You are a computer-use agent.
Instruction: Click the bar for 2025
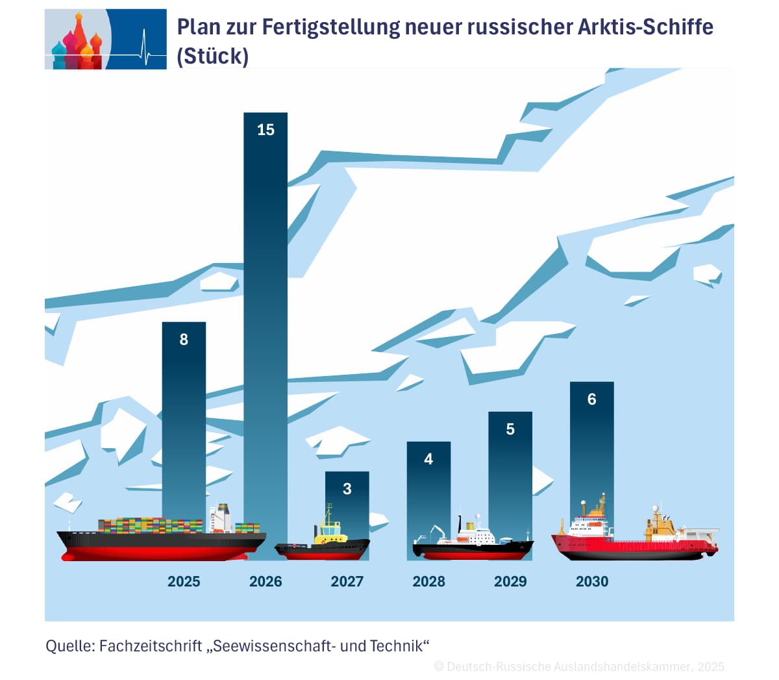pos(184,416)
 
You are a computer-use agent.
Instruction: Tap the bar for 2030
pos(591,455)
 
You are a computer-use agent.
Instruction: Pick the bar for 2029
pos(510,474)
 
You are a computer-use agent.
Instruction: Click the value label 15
pos(266,130)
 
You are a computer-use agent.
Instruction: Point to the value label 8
pos(184,339)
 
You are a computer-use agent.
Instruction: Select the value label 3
pos(347,488)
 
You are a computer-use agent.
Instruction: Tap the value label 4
pos(428,459)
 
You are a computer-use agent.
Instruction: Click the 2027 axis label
pos(347,581)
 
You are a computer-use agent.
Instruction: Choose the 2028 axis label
pos(428,581)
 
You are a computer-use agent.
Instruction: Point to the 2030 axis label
pos(591,581)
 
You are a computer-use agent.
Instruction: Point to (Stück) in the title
pos(212,56)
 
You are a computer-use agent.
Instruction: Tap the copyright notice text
pos(579,666)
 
